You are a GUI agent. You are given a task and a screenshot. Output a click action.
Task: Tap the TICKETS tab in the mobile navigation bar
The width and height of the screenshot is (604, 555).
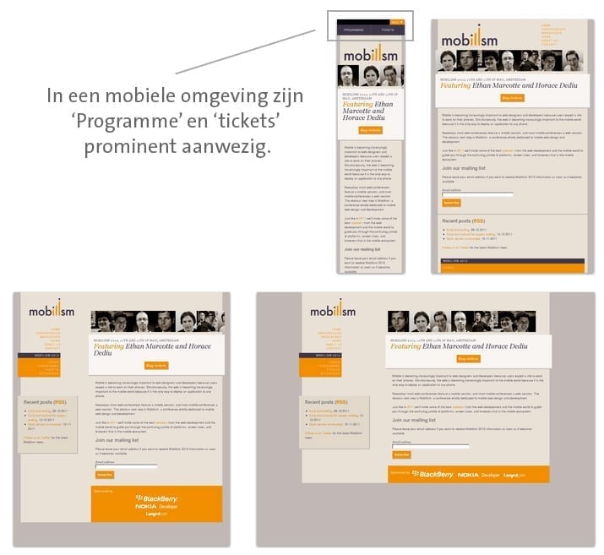pos(387,30)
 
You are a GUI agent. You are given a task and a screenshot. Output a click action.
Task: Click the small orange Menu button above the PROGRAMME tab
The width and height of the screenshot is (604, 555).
pos(397,22)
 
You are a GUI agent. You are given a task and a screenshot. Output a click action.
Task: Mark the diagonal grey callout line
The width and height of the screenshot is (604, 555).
pos(245,52)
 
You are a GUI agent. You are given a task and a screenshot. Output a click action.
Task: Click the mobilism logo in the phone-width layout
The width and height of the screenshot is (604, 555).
pos(370,52)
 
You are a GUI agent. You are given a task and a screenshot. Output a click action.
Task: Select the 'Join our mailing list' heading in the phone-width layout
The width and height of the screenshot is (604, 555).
pos(364,250)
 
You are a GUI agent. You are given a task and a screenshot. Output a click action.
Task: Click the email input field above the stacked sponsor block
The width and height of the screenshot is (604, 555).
pos(126,465)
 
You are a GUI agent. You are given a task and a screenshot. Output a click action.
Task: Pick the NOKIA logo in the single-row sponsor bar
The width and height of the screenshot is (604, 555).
pos(468,475)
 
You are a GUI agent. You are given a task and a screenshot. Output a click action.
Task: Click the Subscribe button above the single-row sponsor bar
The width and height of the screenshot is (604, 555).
pos(401,454)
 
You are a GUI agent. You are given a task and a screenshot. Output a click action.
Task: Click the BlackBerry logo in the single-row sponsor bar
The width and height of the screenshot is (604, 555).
pos(436,475)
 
